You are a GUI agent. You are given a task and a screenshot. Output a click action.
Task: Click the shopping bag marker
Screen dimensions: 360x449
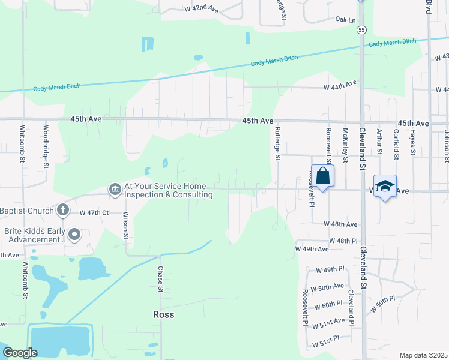[x=322, y=176]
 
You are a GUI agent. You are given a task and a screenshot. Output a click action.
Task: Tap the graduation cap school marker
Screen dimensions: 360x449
[x=385, y=187]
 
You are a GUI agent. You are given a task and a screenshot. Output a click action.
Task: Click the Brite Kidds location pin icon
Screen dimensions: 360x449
[x=74, y=235]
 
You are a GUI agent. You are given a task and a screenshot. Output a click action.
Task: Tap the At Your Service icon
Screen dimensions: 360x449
[x=114, y=190]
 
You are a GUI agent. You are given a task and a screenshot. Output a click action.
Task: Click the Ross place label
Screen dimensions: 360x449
[x=163, y=314]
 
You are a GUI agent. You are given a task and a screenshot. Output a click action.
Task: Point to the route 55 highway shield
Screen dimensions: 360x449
[x=361, y=29]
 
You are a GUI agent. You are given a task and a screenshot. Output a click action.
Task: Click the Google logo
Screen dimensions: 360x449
[x=20, y=353]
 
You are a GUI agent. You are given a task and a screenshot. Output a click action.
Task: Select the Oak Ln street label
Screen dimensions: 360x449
[x=346, y=20]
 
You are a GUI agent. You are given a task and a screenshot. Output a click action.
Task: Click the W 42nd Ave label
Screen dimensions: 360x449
[x=201, y=9]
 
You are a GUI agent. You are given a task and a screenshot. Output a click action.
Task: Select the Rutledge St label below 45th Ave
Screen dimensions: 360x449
[x=277, y=143]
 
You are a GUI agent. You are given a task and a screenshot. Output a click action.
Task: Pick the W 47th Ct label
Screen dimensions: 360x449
[x=94, y=213]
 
